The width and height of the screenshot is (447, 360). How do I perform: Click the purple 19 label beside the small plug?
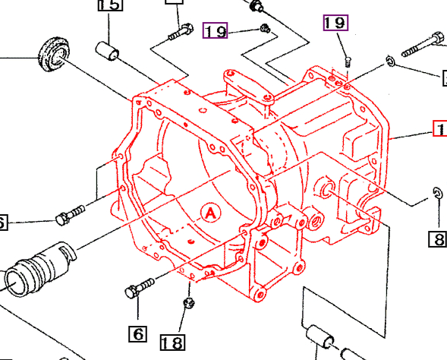[216, 31]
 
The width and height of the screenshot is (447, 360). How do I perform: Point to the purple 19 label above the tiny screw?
[335, 23]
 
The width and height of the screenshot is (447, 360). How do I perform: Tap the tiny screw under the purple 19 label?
[347, 60]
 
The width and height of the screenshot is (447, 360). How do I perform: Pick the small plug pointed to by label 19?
[263, 28]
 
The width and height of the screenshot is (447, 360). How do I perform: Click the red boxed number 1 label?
[439, 129]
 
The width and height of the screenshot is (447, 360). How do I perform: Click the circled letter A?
[210, 214]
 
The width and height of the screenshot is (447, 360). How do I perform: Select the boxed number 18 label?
[173, 343]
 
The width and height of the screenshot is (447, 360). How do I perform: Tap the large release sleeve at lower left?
[38, 267]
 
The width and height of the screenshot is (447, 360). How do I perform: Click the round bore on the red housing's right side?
[326, 188]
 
